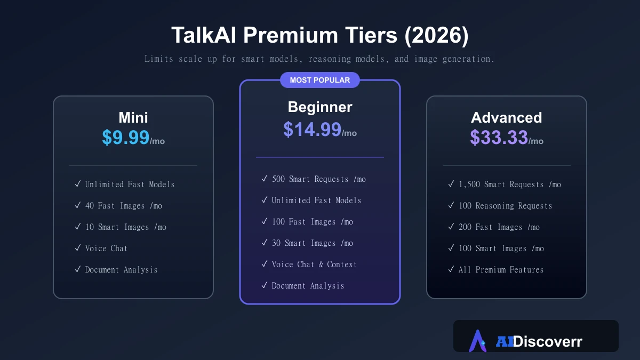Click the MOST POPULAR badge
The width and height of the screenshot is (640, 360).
pos(319,80)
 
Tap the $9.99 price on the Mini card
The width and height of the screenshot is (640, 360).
pos(126,138)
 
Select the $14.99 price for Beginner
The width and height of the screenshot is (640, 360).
pos(313,130)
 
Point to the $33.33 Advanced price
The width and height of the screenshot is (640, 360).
pos(499,138)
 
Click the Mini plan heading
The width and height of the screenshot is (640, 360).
pos(133,117)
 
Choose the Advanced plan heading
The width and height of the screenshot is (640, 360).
pos(506,117)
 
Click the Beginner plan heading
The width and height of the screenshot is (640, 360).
pos(320,107)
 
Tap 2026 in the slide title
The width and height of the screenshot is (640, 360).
pos(436,35)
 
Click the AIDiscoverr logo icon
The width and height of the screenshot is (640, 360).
pos(477,341)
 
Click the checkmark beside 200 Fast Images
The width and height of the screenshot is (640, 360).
pos(451,227)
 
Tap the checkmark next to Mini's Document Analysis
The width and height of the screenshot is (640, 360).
pos(78,269)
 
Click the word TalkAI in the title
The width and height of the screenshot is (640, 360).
pos(204,35)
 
